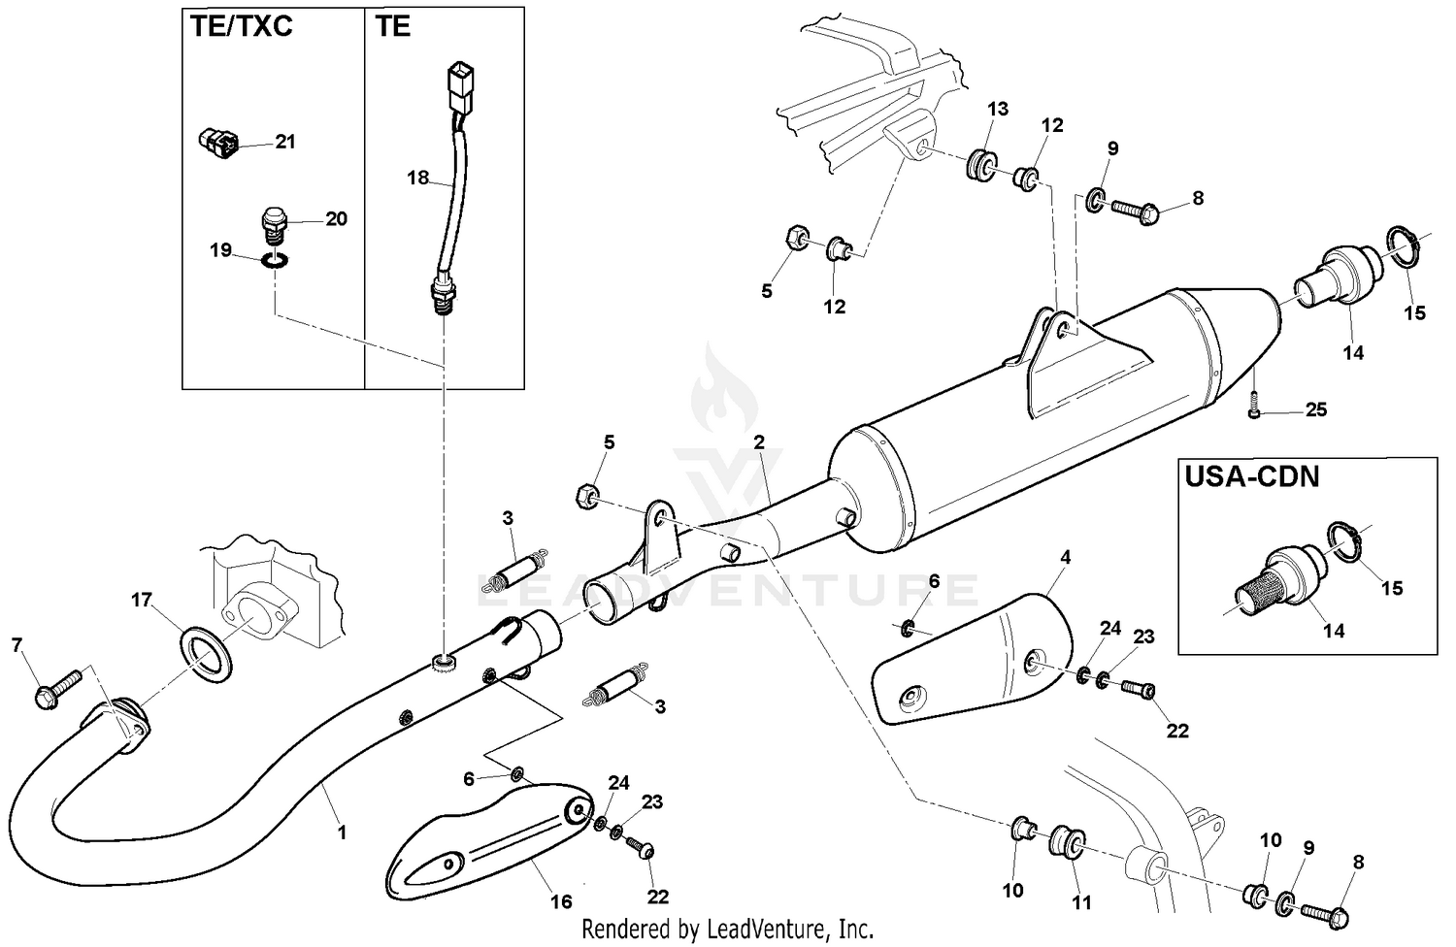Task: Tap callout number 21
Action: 284,142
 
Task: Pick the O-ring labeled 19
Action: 276,261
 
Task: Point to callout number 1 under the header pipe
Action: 342,832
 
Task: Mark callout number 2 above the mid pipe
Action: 758,442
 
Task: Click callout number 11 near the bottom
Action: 1081,902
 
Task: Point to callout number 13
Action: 998,109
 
